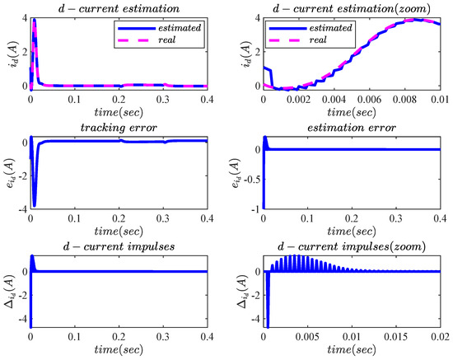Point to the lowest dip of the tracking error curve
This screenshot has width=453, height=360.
click(34, 204)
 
